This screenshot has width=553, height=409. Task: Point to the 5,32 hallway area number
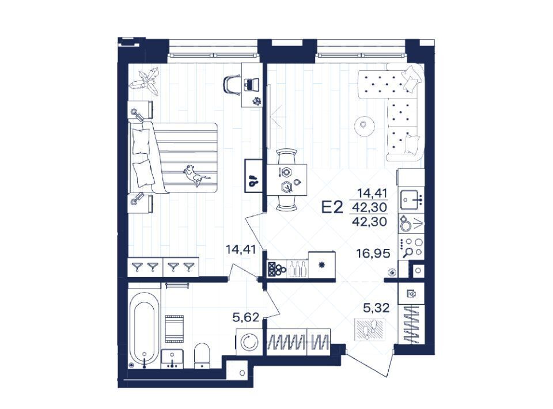[x=376, y=308]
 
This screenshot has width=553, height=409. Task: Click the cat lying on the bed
[x=196, y=174]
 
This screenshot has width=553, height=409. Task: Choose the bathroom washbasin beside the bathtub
[x=172, y=359]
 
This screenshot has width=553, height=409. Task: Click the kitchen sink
[x=411, y=200]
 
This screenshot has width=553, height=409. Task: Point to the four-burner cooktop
[x=411, y=247]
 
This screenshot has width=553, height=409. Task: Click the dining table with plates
[x=286, y=180]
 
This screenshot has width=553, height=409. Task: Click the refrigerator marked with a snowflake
[x=321, y=265]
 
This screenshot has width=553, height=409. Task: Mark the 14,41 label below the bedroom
[x=241, y=250]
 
